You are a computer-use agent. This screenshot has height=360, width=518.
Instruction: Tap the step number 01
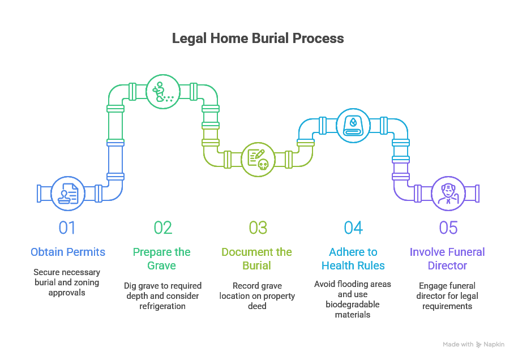pos(67,228)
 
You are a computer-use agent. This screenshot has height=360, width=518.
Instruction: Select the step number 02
pos(162,228)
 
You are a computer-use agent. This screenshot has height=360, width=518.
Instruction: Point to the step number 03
pos(258,228)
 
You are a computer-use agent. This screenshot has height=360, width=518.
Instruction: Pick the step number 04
pos(353,228)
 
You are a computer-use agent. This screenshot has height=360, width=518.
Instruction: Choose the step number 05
pos(448,228)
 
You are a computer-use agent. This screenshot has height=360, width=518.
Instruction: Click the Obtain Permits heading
pos(68,252)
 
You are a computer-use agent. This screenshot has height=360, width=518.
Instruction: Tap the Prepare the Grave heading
pos(162,259)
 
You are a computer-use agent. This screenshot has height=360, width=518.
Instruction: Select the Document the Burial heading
pos(257,259)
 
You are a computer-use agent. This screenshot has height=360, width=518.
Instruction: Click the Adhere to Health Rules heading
pos(353,259)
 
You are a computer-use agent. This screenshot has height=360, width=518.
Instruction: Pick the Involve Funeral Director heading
pos(448,259)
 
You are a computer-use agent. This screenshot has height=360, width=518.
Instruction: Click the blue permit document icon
pos(68,193)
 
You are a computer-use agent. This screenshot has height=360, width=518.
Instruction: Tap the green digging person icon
pos(162,91)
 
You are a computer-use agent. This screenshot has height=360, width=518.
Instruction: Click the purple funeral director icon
pos(448,193)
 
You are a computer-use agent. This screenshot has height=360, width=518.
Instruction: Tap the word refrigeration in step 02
pos(163,306)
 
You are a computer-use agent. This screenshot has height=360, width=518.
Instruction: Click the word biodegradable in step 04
pos(353,305)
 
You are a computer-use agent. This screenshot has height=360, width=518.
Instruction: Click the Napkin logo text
pos(494,344)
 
